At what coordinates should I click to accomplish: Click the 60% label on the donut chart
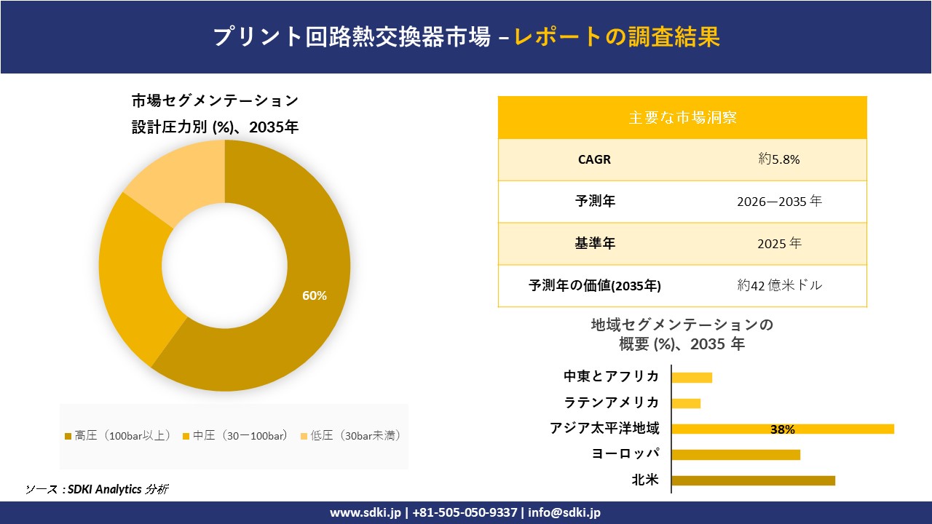[x=315, y=295]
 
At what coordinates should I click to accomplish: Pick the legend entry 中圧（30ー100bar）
[x=239, y=435]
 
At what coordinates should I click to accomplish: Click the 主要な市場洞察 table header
[x=682, y=117]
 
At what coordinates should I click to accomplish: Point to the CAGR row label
[x=594, y=159]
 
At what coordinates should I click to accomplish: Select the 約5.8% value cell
[x=778, y=159]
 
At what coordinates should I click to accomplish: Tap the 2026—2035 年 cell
[x=778, y=202]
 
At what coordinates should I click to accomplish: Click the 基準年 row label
[x=594, y=244]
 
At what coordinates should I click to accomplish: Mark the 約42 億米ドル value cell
[x=778, y=286]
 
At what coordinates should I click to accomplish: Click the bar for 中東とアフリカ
[x=692, y=377]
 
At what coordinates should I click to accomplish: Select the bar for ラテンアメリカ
[x=686, y=403]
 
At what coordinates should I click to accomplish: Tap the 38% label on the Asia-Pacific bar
[x=782, y=429]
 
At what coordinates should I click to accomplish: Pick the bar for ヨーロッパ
[x=735, y=455]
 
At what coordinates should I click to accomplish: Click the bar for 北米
[x=753, y=480]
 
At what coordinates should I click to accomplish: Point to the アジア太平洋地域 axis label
[x=604, y=429]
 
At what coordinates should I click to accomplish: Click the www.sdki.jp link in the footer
[x=365, y=512]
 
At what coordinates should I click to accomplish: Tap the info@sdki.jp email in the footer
[x=565, y=512]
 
